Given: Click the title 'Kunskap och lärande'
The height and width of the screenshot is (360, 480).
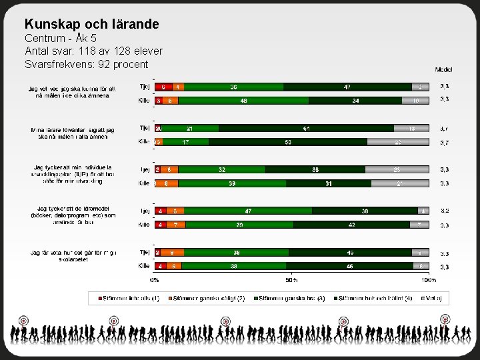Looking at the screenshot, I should [92, 24].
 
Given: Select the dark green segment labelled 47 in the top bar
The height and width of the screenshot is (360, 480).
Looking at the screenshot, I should [347, 87].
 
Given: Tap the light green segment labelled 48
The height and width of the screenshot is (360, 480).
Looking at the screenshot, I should [243, 101].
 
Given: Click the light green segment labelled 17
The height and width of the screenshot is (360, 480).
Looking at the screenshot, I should [185, 142].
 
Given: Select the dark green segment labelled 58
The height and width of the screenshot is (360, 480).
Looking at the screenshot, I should [287, 142].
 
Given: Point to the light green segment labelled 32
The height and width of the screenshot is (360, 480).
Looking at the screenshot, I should [222, 169].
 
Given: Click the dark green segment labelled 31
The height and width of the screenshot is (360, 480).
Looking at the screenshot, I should [329, 183].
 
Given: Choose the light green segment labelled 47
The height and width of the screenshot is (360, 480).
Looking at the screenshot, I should [247, 211].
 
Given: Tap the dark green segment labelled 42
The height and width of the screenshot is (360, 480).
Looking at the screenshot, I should [351, 225].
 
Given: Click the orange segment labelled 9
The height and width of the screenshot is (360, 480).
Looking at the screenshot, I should [172, 253].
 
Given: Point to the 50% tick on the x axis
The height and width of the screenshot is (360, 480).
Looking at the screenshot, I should [291, 279].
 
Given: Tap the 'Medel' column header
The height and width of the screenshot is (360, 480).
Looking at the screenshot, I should [443, 69].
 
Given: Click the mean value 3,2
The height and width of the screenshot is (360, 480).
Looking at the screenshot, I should [444, 211].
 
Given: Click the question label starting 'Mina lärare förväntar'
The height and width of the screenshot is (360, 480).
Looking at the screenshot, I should [73, 132].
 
